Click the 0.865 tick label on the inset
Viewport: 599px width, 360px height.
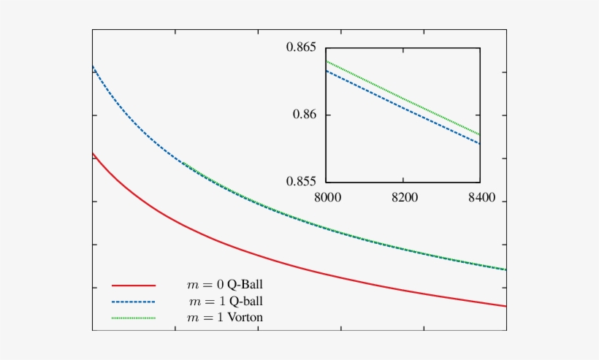click(302, 48)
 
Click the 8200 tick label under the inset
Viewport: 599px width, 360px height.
click(402, 197)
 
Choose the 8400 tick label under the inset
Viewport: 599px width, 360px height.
click(480, 197)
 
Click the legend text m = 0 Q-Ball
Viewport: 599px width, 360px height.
click(226, 284)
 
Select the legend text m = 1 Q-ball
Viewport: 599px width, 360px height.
click(226, 301)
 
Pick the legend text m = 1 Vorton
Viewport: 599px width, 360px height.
click(226, 318)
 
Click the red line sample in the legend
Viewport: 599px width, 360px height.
click(134, 284)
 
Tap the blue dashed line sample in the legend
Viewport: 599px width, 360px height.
click(134, 301)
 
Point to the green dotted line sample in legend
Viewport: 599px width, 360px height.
click(134, 318)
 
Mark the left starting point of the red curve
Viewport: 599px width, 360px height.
click(94, 154)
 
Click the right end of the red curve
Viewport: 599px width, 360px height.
click(505, 306)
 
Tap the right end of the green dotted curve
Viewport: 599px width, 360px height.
click(505, 269)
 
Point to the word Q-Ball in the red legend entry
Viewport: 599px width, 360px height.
click(246, 284)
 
